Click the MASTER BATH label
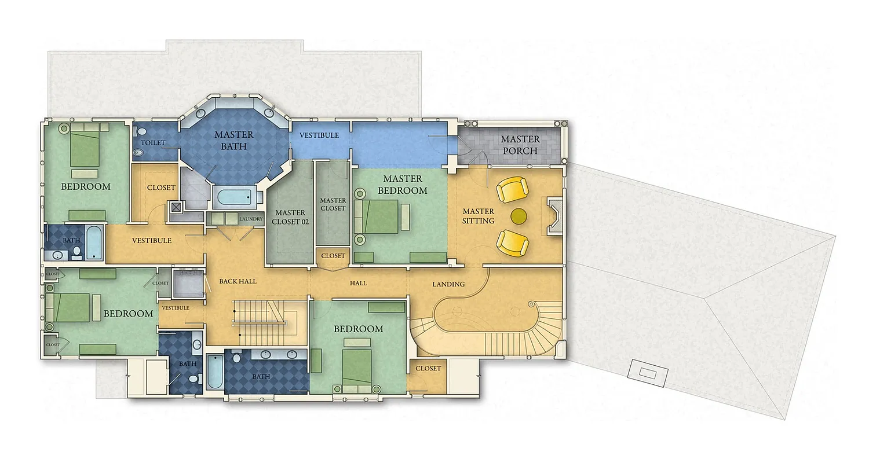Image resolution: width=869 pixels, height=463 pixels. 234,141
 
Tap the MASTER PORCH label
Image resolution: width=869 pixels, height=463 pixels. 520,145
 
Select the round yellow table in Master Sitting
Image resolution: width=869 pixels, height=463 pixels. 519,216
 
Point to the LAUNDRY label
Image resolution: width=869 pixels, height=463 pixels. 251,219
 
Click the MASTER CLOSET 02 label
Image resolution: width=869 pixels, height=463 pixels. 290,217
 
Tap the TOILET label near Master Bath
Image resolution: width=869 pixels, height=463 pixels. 153,143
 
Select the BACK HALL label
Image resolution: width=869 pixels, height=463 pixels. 238,281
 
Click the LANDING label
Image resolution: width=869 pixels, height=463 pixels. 448,284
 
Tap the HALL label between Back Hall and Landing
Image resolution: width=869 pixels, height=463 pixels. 358,284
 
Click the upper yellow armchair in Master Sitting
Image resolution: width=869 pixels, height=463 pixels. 513,190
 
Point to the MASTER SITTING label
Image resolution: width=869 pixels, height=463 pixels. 478,216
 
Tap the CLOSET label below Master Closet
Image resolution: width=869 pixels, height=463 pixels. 333,256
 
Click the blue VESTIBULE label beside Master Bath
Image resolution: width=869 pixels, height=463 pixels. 319,135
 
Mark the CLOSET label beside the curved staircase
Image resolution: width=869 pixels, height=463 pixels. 428,369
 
